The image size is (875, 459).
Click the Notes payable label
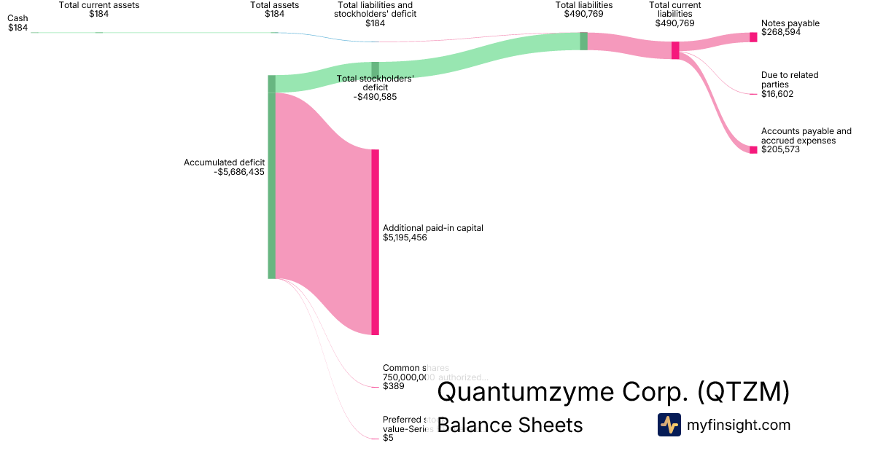coord(790,23)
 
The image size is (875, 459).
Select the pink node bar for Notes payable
coord(753,37)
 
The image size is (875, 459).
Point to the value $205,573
coord(780,149)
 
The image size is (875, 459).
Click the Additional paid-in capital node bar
coord(376,242)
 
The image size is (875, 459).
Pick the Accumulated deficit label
coord(224,162)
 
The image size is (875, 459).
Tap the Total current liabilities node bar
coord(675,50)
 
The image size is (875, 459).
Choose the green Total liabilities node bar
coord(583,41)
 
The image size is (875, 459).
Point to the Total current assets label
coord(99,5)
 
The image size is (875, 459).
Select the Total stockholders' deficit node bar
coord(375,70)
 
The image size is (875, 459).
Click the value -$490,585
coord(375,96)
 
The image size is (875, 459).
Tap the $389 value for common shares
coord(394,386)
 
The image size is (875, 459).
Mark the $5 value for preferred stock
coord(388,438)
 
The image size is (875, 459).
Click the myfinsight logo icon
coord(669,425)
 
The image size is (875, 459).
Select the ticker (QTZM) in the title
coord(743,392)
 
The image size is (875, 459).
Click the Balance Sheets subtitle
coord(510,425)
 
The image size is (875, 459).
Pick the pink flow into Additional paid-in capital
coord(321,219)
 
